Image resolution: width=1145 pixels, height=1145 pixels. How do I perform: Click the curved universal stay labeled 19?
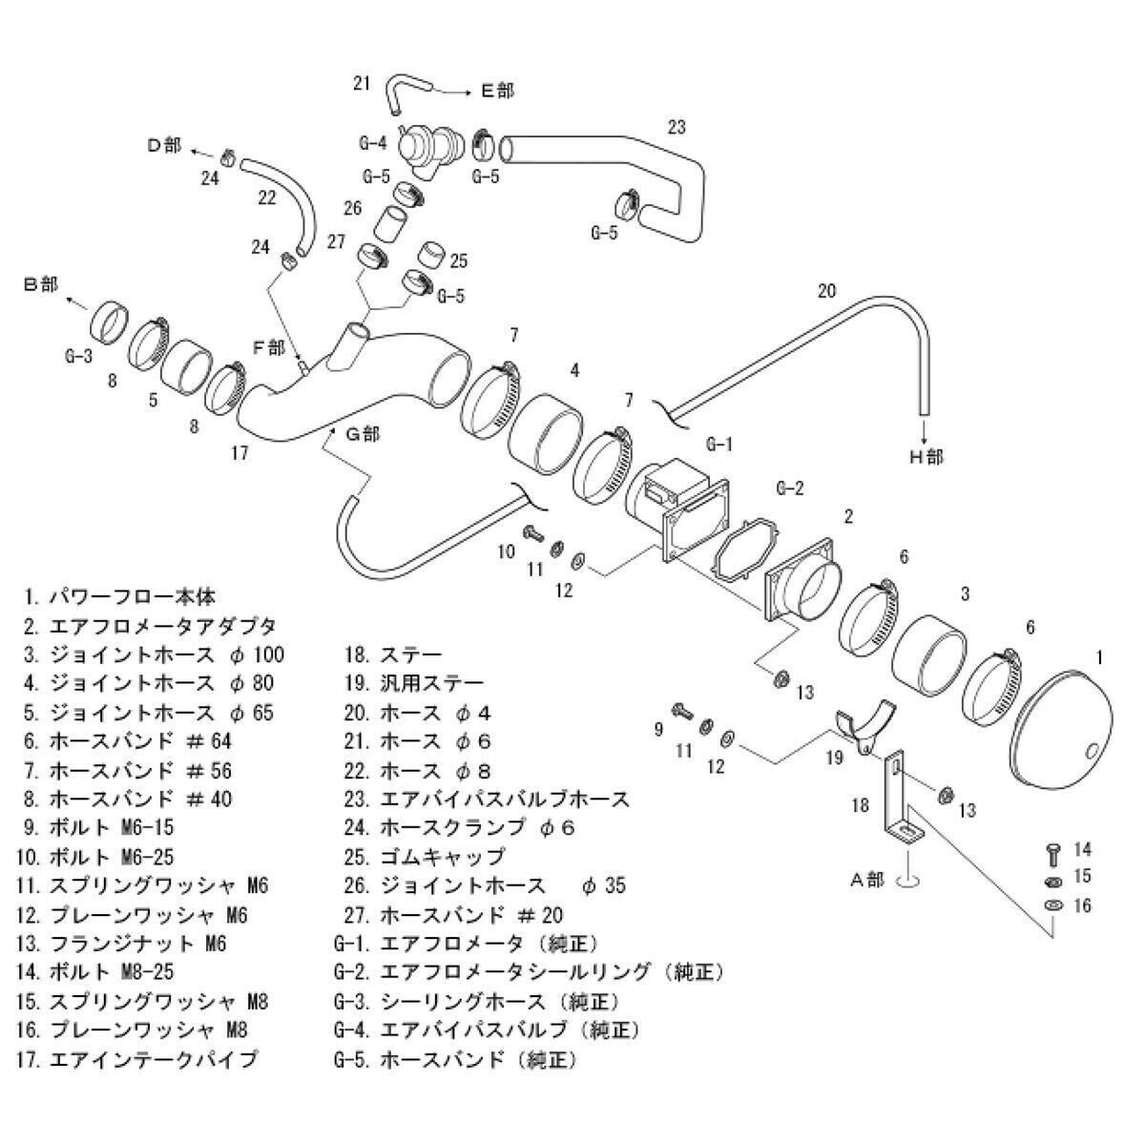[864, 730]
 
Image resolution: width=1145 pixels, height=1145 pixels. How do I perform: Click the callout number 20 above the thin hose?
[826, 291]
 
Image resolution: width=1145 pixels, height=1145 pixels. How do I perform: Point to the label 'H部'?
[925, 458]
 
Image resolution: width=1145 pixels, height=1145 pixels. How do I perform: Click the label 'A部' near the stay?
[868, 881]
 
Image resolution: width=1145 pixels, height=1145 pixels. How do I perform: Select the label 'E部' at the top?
[496, 91]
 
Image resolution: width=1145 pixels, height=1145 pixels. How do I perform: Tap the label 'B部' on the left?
[40, 284]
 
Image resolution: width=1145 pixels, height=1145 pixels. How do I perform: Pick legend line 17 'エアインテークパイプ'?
[138, 1059]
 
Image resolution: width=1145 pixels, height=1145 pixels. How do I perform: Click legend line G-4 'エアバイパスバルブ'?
[487, 1030]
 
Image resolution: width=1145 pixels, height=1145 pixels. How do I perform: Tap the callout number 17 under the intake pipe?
[240, 453]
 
